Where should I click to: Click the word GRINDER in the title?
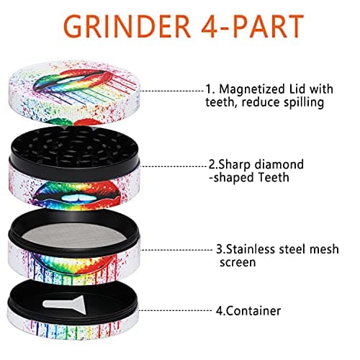(x=127, y=26)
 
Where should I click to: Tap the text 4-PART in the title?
(x=253, y=26)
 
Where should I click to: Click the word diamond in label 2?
(x=279, y=165)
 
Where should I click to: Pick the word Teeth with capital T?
(x=274, y=178)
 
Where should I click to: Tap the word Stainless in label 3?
(x=251, y=249)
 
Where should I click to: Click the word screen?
(x=238, y=262)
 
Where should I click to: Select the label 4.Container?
(x=248, y=311)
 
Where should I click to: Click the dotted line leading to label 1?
(x=172, y=91)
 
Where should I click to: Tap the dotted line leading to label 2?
(x=174, y=166)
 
